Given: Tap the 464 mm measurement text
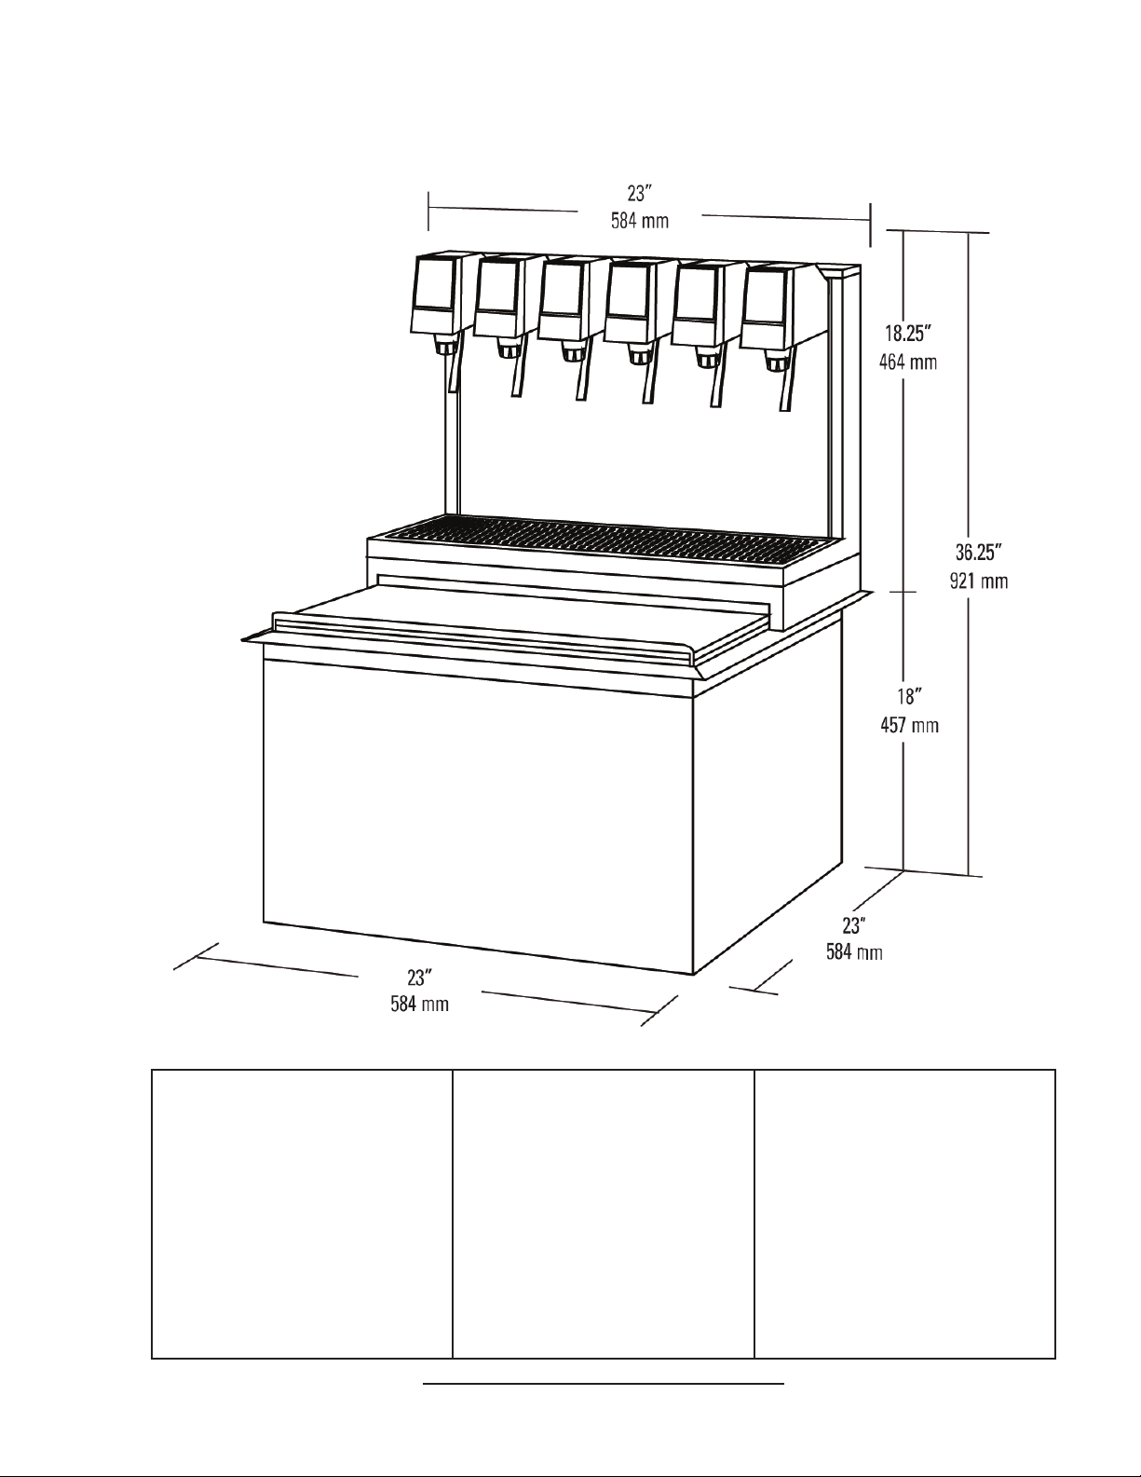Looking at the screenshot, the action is click(908, 362).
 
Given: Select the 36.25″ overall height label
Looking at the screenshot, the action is click(979, 553).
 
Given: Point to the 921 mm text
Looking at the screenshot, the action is click(979, 581).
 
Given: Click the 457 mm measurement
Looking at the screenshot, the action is click(909, 725).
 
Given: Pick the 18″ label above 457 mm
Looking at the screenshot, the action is click(909, 697).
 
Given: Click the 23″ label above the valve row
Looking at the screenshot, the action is click(639, 194).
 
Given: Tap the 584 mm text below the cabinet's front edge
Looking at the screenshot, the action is click(420, 1004).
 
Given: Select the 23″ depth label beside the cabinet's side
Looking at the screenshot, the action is click(854, 925).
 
